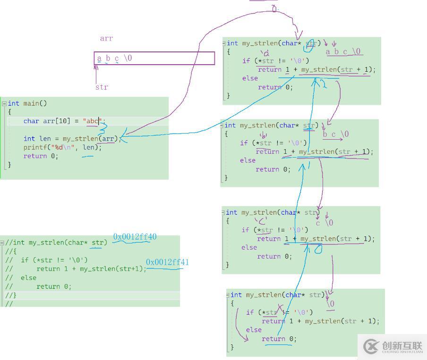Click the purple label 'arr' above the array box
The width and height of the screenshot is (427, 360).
tap(106, 38)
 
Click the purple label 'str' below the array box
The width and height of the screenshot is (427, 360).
tap(102, 87)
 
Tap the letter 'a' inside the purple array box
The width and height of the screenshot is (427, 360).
tap(99, 59)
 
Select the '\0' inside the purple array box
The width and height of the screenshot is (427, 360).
tap(128, 59)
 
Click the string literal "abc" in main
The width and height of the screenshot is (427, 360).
tap(92, 121)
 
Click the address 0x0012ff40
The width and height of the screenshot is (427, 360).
tap(135, 237)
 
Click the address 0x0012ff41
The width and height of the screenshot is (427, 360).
tap(167, 262)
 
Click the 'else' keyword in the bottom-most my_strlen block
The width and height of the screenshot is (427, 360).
tap(254, 330)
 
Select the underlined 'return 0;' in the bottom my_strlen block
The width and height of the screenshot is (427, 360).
tap(279, 339)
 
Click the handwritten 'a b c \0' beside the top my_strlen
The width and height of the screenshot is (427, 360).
tap(343, 52)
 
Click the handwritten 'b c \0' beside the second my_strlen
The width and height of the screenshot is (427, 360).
tap(336, 134)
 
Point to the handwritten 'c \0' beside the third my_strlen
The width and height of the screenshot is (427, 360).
tap(325, 223)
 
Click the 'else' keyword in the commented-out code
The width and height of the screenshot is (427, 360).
tap(28, 277)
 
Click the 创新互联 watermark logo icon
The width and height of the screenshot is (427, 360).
tap(370, 347)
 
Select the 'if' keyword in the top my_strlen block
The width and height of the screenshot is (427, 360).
tap(246, 60)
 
